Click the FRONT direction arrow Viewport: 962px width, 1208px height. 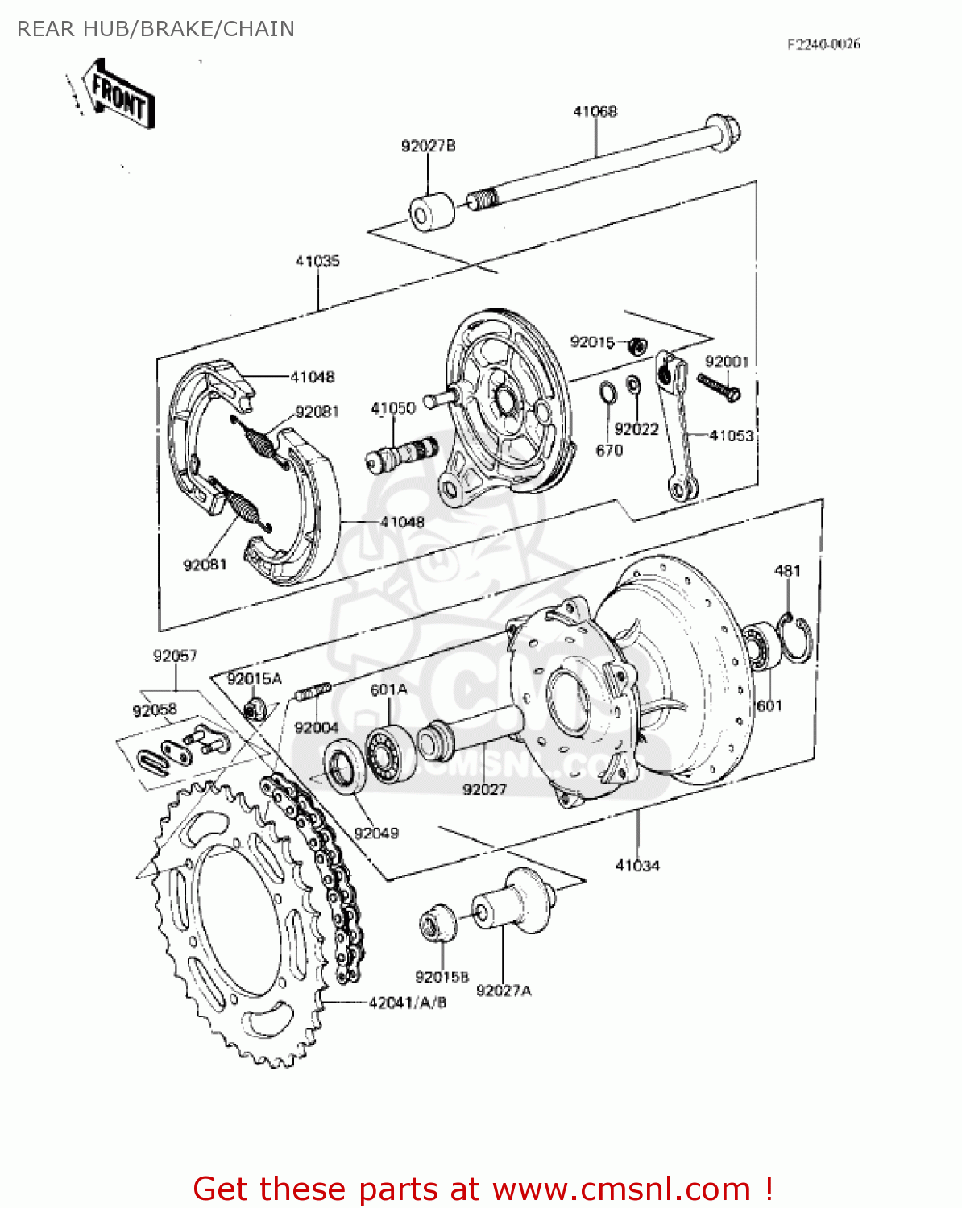[x=119, y=95]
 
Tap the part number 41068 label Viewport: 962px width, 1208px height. [x=595, y=111]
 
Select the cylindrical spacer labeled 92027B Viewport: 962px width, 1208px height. [x=432, y=211]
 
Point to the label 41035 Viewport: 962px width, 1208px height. [x=317, y=261]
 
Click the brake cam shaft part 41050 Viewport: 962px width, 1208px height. [x=400, y=454]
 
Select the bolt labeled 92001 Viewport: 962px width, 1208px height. [x=719, y=387]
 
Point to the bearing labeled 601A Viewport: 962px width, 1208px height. [x=390, y=754]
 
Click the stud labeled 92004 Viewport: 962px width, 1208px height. [x=313, y=691]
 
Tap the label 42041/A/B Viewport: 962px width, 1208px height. [x=408, y=1003]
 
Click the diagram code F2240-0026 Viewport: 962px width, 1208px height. [x=823, y=43]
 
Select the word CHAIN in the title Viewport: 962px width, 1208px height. [x=259, y=29]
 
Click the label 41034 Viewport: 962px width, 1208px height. [x=637, y=865]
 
